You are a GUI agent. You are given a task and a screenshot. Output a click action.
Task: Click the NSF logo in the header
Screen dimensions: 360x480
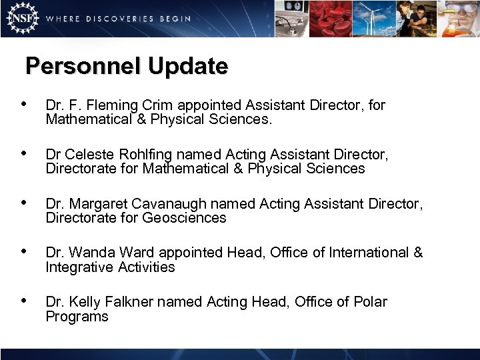(x=21, y=18)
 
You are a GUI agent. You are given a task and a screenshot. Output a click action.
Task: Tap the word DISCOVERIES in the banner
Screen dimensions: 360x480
(x=119, y=19)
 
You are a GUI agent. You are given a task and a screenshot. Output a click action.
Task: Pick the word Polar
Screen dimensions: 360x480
(x=370, y=302)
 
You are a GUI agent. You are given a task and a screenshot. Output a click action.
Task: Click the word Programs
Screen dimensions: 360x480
(x=77, y=317)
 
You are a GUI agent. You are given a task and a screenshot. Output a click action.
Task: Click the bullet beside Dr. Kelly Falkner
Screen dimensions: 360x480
(x=25, y=301)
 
